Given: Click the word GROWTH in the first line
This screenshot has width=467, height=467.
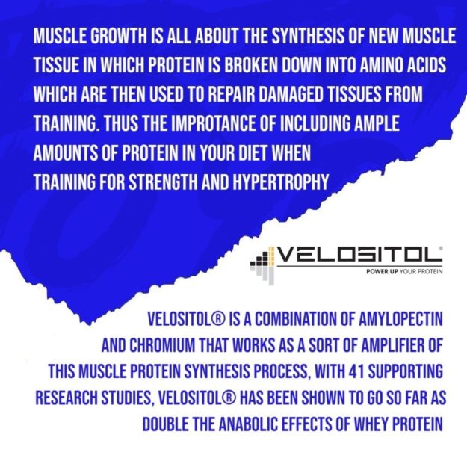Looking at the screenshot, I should [109, 37].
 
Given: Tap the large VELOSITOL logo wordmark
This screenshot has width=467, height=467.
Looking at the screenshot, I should [359, 255].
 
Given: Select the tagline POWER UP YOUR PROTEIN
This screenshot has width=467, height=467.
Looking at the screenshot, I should [404, 273].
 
